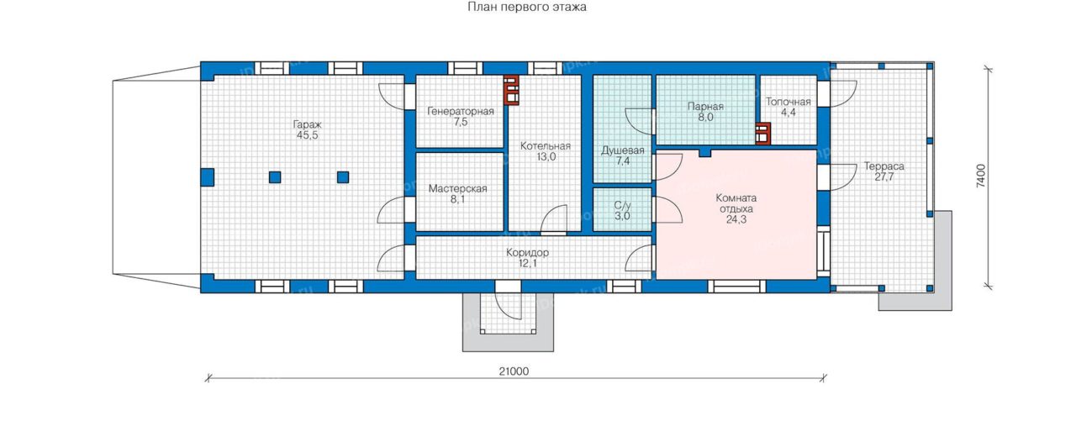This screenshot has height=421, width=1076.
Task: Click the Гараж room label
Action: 307,124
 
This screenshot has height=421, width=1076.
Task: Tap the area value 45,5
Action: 307,135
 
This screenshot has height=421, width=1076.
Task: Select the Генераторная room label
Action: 460,112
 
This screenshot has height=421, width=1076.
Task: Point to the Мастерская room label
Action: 458,189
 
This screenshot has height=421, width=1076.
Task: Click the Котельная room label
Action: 546,146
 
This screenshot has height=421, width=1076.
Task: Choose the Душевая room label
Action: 623,150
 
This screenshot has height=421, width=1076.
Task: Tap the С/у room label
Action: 622,206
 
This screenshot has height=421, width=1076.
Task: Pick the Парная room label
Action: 705,107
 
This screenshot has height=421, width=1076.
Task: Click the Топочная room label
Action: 788,102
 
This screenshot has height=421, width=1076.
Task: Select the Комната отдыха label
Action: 736,203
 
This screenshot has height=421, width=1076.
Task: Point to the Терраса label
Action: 883,166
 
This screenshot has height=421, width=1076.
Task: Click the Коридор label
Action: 527,252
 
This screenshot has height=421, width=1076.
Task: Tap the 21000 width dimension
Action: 514,371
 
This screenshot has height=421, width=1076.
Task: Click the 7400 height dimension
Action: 980,176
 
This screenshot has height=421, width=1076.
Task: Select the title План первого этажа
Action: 527,8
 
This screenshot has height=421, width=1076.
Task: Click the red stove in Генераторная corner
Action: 512,90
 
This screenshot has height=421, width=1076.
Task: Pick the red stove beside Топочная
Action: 762,134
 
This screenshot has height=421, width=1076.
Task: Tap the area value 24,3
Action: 736,220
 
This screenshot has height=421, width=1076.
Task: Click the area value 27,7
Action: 883,177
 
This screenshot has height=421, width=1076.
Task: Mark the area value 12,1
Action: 527,263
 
